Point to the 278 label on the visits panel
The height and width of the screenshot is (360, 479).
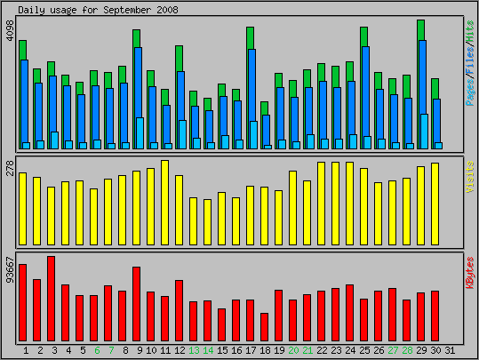tap(10, 166)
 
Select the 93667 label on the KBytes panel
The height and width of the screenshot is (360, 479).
tap(10, 268)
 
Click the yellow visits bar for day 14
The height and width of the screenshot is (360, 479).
tap(208, 222)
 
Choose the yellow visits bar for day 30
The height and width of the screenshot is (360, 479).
tap(435, 204)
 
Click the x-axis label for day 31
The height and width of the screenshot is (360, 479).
tap(450, 350)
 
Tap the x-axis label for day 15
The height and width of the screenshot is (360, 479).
tap(222, 350)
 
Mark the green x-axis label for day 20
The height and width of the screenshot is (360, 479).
tap(293, 350)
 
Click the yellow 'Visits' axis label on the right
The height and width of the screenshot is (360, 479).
tap(469, 178)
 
